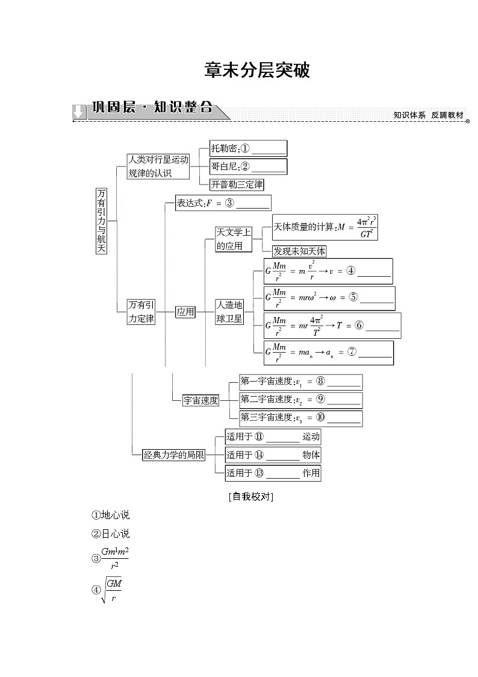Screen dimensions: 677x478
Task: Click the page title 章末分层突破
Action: tap(257, 71)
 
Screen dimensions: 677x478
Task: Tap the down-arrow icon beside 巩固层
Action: tap(78, 112)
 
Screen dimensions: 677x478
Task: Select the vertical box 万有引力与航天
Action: tap(101, 220)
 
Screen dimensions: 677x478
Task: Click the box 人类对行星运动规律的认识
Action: tap(158, 166)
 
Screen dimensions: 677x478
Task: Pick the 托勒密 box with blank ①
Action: tap(247, 148)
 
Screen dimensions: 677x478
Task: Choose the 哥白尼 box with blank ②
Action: tap(247, 166)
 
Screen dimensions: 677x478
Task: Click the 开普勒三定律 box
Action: tap(237, 184)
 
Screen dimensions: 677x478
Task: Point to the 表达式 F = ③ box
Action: tap(222, 203)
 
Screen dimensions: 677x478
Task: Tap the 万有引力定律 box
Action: tap(141, 312)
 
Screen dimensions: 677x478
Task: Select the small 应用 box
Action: tap(185, 312)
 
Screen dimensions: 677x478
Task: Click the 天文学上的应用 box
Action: tap(233, 239)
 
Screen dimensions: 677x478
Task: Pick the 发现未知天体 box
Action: tap(299, 251)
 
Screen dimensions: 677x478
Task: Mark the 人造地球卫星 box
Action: tap(230, 312)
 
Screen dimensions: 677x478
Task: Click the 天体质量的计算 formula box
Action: tap(325, 227)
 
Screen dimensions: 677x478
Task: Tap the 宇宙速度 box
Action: tap(201, 400)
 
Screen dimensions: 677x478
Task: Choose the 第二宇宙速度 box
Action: tap(300, 399)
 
